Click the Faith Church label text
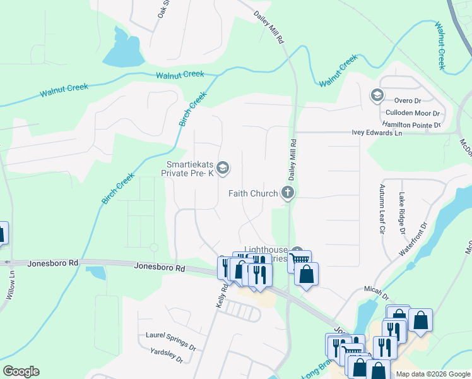click(x=253, y=194)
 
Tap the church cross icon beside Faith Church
click(x=288, y=193)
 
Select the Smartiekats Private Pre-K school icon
click(x=222, y=168)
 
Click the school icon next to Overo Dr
click(x=377, y=95)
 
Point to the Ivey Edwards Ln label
click(x=377, y=133)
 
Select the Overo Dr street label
click(x=408, y=100)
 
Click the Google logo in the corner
click(x=21, y=371)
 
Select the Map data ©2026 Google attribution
click(x=433, y=374)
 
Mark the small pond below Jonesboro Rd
click(x=95, y=273)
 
